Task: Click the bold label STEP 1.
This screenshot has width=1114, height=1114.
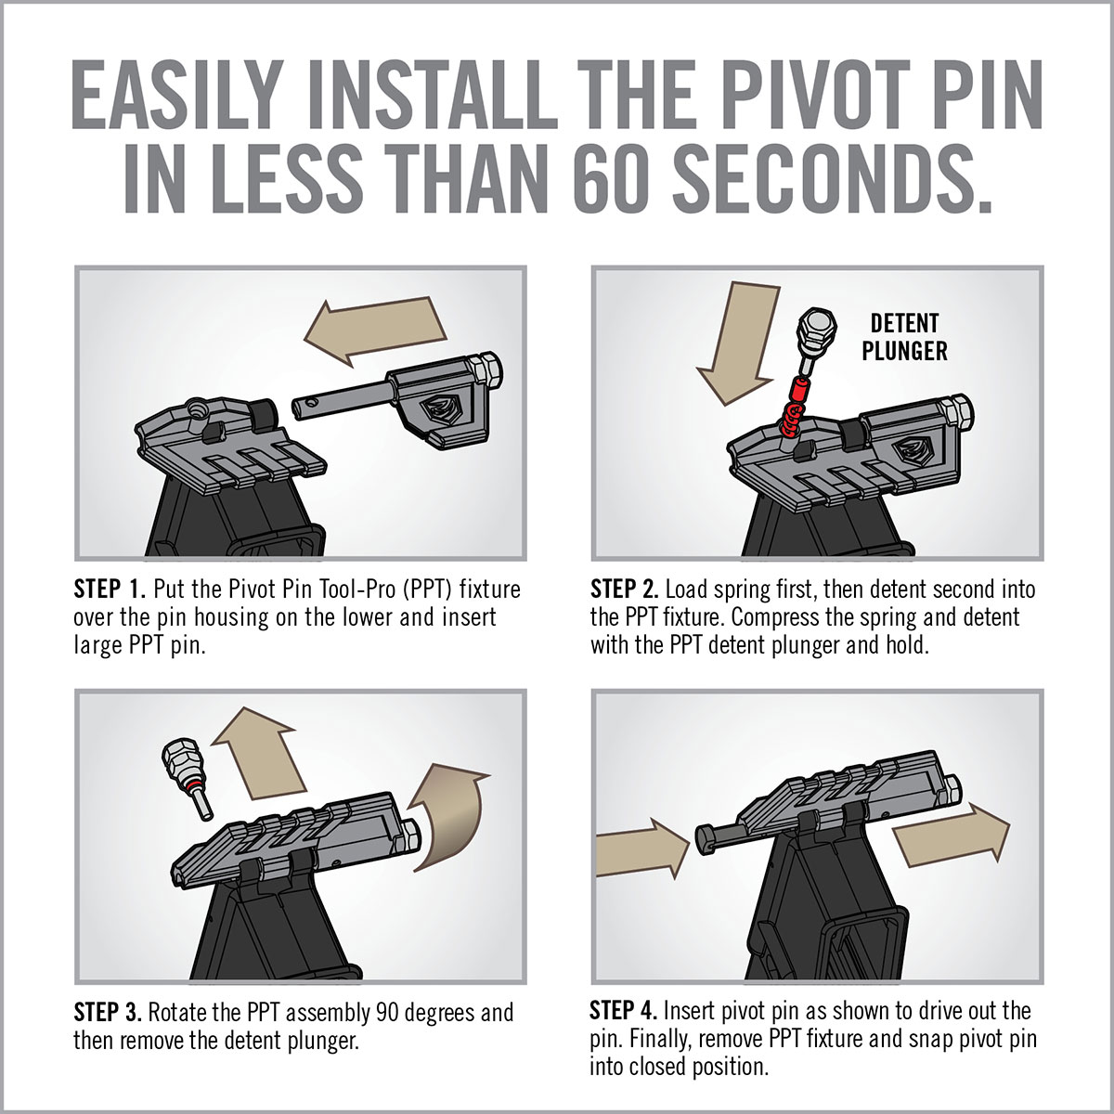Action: (x=110, y=589)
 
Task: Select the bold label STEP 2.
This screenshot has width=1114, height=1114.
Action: (x=625, y=589)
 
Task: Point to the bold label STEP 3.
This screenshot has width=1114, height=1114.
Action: (x=109, y=1012)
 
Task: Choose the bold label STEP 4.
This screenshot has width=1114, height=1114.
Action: (x=624, y=1010)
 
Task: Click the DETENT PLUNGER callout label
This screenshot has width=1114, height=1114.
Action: (x=904, y=337)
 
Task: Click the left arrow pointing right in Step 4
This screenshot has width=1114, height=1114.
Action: (x=641, y=846)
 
